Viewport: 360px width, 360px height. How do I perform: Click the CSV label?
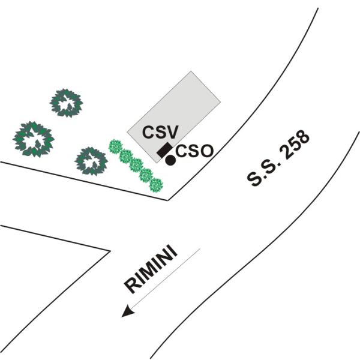[x=160, y=132]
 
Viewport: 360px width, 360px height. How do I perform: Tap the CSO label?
[x=195, y=151]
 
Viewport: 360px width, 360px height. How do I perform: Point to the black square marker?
[x=164, y=149]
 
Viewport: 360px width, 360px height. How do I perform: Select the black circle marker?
[x=170, y=160]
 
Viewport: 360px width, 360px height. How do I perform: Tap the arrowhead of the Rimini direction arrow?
[x=127, y=313]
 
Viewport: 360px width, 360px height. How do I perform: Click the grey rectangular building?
[x=174, y=117]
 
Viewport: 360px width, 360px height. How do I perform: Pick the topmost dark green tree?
[x=67, y=103]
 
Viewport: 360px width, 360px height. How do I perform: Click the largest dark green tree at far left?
[x=34, y=139]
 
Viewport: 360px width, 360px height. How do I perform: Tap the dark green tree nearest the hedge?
[x=91, y=161]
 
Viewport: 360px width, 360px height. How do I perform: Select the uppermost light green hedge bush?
[x=115, y=146]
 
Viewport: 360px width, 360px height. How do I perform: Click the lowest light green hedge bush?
[x=156, y=185]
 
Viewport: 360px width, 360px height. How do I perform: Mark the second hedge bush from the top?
[x=126, y=155]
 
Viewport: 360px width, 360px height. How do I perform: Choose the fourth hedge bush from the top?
[x=146, y=175]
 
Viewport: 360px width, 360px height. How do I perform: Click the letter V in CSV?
[x=172, y=132]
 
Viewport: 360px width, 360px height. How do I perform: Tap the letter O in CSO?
[x=206, y=151]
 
